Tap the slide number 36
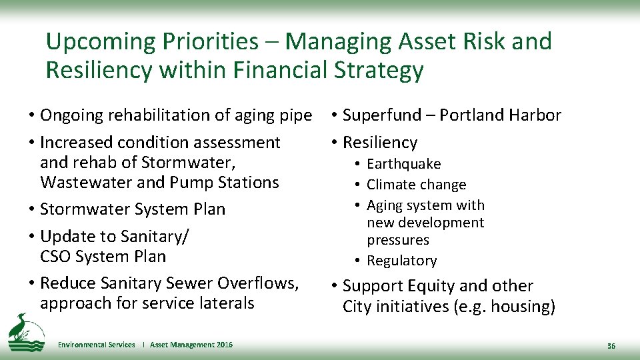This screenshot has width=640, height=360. click(611, 346)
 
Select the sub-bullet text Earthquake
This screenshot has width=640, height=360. click(403, 164)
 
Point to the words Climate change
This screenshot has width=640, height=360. click(416, 185)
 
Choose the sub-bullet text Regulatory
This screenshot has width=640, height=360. click(401, 261)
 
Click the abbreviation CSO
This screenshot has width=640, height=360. click(55, 256)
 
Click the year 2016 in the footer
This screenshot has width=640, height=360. click(225, 345)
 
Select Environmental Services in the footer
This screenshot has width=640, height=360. click(96, 345)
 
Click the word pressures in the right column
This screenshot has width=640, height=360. click(397, 240)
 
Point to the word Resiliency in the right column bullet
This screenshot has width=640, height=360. click(379, 143)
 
